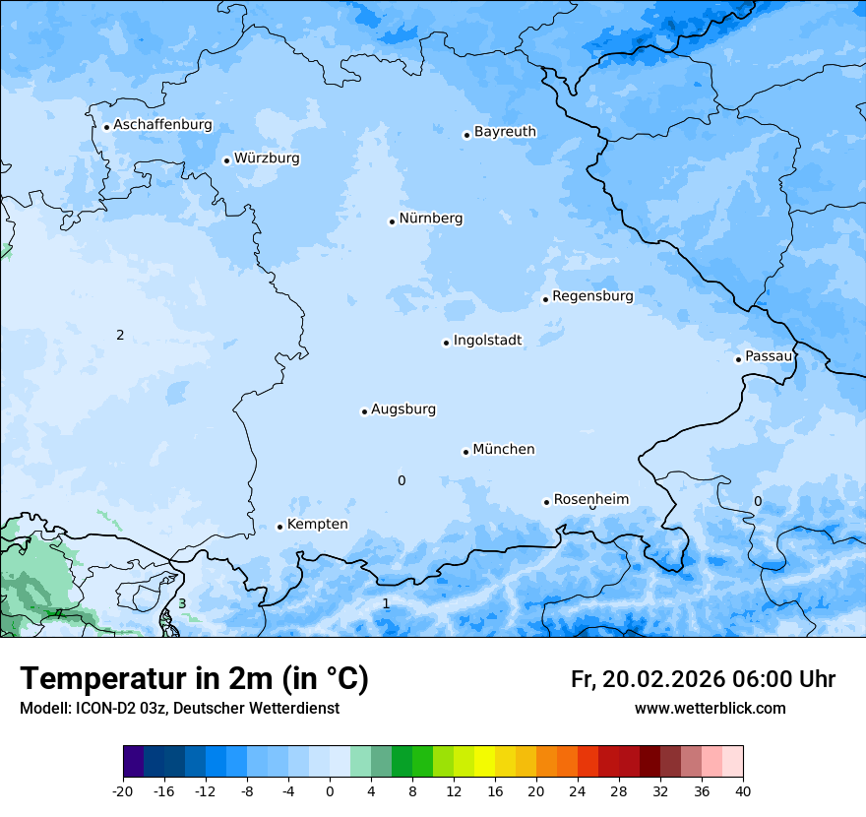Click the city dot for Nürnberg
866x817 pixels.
point(392,221)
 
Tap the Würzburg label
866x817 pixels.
point(267,158)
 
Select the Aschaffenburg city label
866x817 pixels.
point(162,125)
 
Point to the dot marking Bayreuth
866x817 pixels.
point(466,135)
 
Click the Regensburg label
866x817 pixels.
point(592,296)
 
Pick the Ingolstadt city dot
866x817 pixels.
point(446,343)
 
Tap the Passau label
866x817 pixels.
point(769,356)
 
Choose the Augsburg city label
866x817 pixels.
point(403,409)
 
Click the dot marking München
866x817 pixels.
point(465,452)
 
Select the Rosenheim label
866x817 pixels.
point(590,500)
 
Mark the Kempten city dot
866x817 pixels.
point(279,527)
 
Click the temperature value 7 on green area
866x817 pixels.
point(58,614)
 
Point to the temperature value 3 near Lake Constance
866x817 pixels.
point(182,603)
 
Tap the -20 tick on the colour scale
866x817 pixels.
point(123,790)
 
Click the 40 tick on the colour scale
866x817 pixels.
point(743,790)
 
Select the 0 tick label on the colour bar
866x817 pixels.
point(330,790)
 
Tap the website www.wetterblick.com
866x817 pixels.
point(710,709)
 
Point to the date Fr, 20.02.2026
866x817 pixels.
point(648,679)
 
